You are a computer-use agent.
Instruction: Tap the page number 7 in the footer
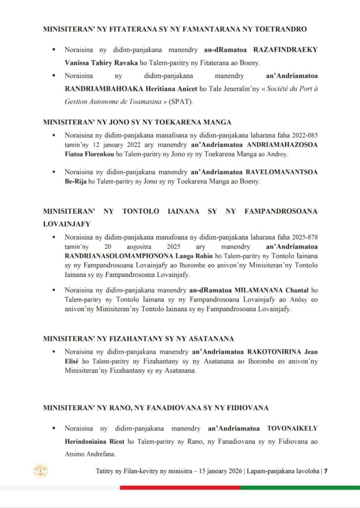[326, 471]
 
